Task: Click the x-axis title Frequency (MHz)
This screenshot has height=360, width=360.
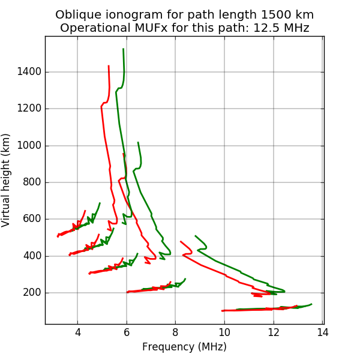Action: [x=184, y=347]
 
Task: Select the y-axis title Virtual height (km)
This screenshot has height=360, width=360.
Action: [x=7, y=180]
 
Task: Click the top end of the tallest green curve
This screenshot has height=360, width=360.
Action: [x=123, y=49]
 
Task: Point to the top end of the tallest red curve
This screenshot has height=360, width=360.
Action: [x=109, y=66]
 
